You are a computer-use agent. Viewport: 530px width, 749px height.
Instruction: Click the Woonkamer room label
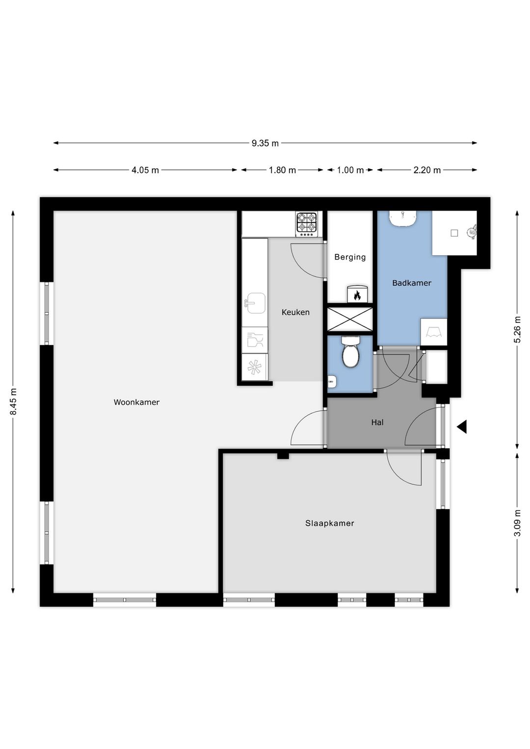click(136, 402)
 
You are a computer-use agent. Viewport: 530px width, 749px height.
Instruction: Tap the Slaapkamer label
click(329, 523)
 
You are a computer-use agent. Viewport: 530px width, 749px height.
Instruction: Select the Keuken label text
click(295, 312)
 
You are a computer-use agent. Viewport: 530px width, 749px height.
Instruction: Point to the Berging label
click(350, 257)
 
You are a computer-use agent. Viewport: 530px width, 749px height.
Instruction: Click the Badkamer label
click(412, 283)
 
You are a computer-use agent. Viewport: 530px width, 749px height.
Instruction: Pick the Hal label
click(377, 423)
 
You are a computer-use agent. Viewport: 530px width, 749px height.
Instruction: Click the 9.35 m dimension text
click(265, 143)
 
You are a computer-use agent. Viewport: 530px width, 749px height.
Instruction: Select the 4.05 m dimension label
click(145, 170)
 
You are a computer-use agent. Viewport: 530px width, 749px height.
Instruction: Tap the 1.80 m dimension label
click(283, 170)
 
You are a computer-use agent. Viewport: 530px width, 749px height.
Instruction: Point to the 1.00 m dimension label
click(350, 170)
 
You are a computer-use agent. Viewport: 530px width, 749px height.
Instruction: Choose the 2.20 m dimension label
click(427, 170)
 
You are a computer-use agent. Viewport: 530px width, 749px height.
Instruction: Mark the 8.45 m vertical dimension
click(13, 401)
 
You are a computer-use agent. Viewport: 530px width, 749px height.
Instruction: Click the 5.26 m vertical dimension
click(517, 329)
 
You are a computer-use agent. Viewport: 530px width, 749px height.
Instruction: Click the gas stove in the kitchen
click(307, 224)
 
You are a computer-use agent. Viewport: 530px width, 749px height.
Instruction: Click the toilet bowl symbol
click(350, 351)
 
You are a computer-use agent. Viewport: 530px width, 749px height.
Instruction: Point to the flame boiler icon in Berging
click(357, 294)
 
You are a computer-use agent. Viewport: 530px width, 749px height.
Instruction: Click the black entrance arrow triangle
click(462, 427)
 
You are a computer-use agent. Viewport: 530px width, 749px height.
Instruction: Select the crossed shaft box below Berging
click(350, 319)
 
